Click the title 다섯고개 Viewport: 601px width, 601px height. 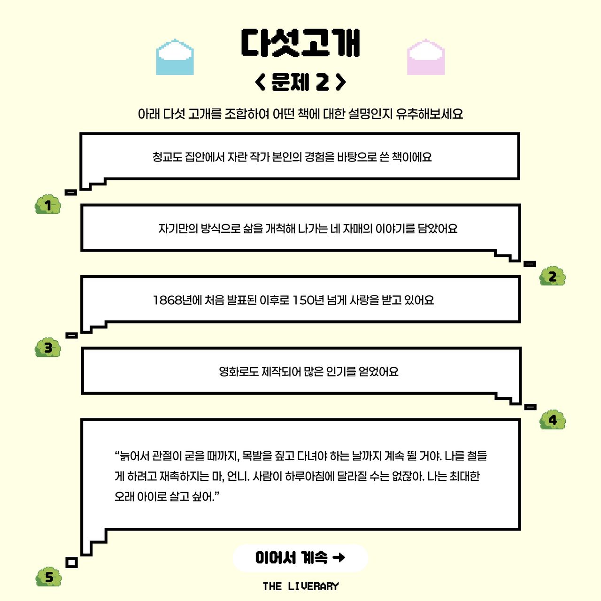[300, 43]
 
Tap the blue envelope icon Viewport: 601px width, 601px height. [175, 57]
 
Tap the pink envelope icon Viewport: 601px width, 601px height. [425, 57]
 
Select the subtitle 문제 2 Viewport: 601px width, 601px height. [300, 82]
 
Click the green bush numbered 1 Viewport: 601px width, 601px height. [48, 205]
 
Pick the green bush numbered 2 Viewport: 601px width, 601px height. [552, 277]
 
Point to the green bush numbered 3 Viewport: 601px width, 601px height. [48, 348]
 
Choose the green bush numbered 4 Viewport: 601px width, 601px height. [553, 419]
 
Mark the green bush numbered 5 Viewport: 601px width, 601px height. [49, 577]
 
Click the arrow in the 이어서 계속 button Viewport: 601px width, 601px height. [339, 557]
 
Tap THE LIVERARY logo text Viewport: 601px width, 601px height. [300, 586]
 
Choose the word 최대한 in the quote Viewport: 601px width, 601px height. [464, 477]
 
